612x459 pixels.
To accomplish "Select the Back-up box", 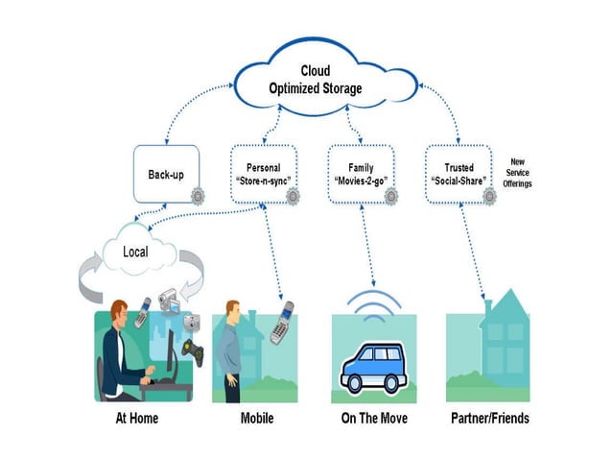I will coord(165,174).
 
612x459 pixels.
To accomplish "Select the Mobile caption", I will coord(256,419).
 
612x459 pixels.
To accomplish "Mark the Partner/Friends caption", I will coord(489,419).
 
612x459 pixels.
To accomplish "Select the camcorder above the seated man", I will coord(164,301).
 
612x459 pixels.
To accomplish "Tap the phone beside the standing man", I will coord(281,324).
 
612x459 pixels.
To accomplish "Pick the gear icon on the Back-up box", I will coord(198,196).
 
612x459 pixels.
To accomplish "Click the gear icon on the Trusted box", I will coord(490,196).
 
